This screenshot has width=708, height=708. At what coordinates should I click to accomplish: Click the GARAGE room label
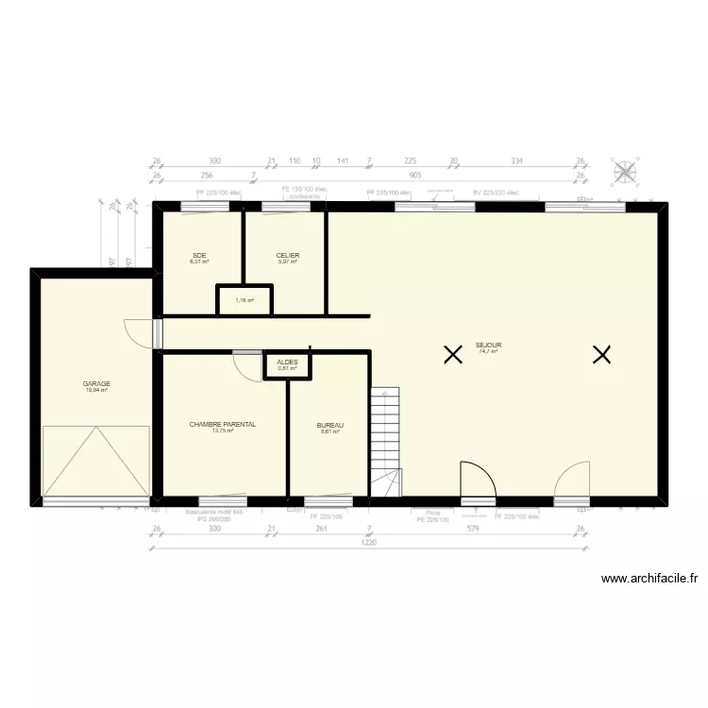[x=96, y=383]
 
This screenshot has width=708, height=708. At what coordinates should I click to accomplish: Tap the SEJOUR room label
[x=488, y=346]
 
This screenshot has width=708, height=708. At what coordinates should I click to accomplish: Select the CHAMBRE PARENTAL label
[x=223, y=425]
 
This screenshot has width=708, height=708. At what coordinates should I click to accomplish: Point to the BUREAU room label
[x=329, y=426]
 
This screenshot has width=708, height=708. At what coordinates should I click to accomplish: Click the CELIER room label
[x=288, y=255]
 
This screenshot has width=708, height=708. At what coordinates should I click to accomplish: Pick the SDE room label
[x=199, y=255]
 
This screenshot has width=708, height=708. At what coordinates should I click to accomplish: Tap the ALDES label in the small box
[x=287, y=362]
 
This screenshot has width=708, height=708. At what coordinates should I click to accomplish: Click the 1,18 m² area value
[x=244, y=300]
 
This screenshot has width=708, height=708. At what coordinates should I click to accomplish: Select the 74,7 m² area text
[x=488, y=352]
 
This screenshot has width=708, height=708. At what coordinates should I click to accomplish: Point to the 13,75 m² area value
[x=223, y=431]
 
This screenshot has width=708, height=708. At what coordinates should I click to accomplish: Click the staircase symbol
[x=385, y=441]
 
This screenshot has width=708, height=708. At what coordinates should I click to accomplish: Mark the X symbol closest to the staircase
[x=453, y=355]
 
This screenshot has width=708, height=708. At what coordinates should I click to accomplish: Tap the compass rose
[x=626, y=172]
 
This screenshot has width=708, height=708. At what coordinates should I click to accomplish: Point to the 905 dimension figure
[x=415, y=175]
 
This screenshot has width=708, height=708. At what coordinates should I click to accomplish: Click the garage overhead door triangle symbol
[x=96, y=461]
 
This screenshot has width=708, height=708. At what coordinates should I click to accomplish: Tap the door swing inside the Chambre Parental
[x=248, y=367]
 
